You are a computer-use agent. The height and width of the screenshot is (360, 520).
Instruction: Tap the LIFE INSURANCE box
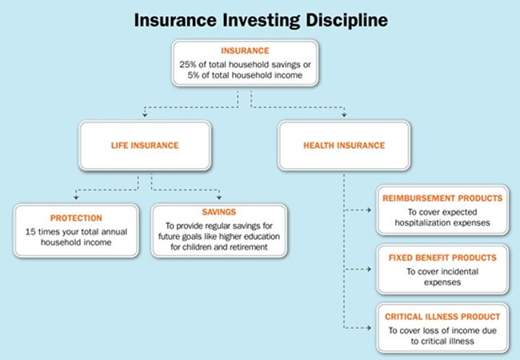[x=145, y=146]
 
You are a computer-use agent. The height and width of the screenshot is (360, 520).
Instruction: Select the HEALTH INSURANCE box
[x=344, y=146]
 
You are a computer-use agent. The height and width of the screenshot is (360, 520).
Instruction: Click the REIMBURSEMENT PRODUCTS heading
[x=442, y=198]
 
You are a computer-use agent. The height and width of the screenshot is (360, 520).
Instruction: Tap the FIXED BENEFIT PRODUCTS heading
[x=442, y=258]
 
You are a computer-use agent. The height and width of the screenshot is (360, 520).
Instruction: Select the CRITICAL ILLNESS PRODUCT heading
[x=442, y=317]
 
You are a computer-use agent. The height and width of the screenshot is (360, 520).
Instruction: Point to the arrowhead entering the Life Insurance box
[x=145, y=116]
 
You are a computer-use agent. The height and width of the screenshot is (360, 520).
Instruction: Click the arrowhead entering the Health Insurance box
[x=344, y=116]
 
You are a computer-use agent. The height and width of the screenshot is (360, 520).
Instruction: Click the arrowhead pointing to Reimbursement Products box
[x=370, y=210]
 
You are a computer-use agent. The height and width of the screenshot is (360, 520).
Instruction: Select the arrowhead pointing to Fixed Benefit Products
[x=370, y=270]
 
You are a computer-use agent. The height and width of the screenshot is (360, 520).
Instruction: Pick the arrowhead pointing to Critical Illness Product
[x=370, y=329]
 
